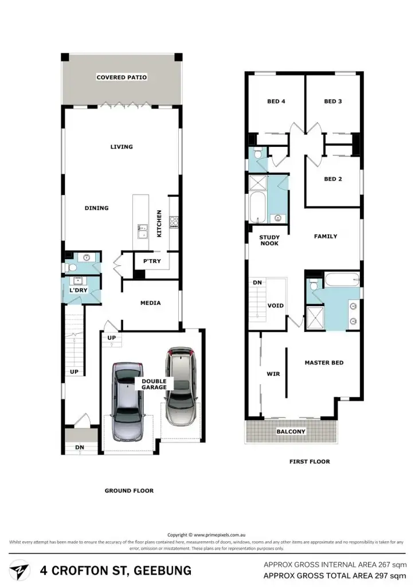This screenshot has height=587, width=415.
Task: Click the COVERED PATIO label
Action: pos(122,77)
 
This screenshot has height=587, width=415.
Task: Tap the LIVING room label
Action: pos(122,147)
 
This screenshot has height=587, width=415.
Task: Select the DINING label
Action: pos(96,208)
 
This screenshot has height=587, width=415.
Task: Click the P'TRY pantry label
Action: pos(152,261)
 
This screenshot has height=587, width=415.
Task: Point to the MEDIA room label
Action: pos(150,303)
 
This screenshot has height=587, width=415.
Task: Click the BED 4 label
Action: pos(276,101)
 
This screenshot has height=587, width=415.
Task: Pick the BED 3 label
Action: pos(333,101)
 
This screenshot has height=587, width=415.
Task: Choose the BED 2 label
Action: pos(333,179)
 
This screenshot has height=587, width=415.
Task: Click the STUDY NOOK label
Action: pos(269,240)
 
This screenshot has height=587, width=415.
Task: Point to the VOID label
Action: pos(276,306)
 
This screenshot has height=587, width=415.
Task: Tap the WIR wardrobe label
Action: pos(273,374)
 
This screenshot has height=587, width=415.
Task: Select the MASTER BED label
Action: pos(324,363)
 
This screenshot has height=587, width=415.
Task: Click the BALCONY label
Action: pos(291,431)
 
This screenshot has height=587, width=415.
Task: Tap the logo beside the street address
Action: pos(21,571)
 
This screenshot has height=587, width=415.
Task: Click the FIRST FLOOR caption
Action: pos(310,461)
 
